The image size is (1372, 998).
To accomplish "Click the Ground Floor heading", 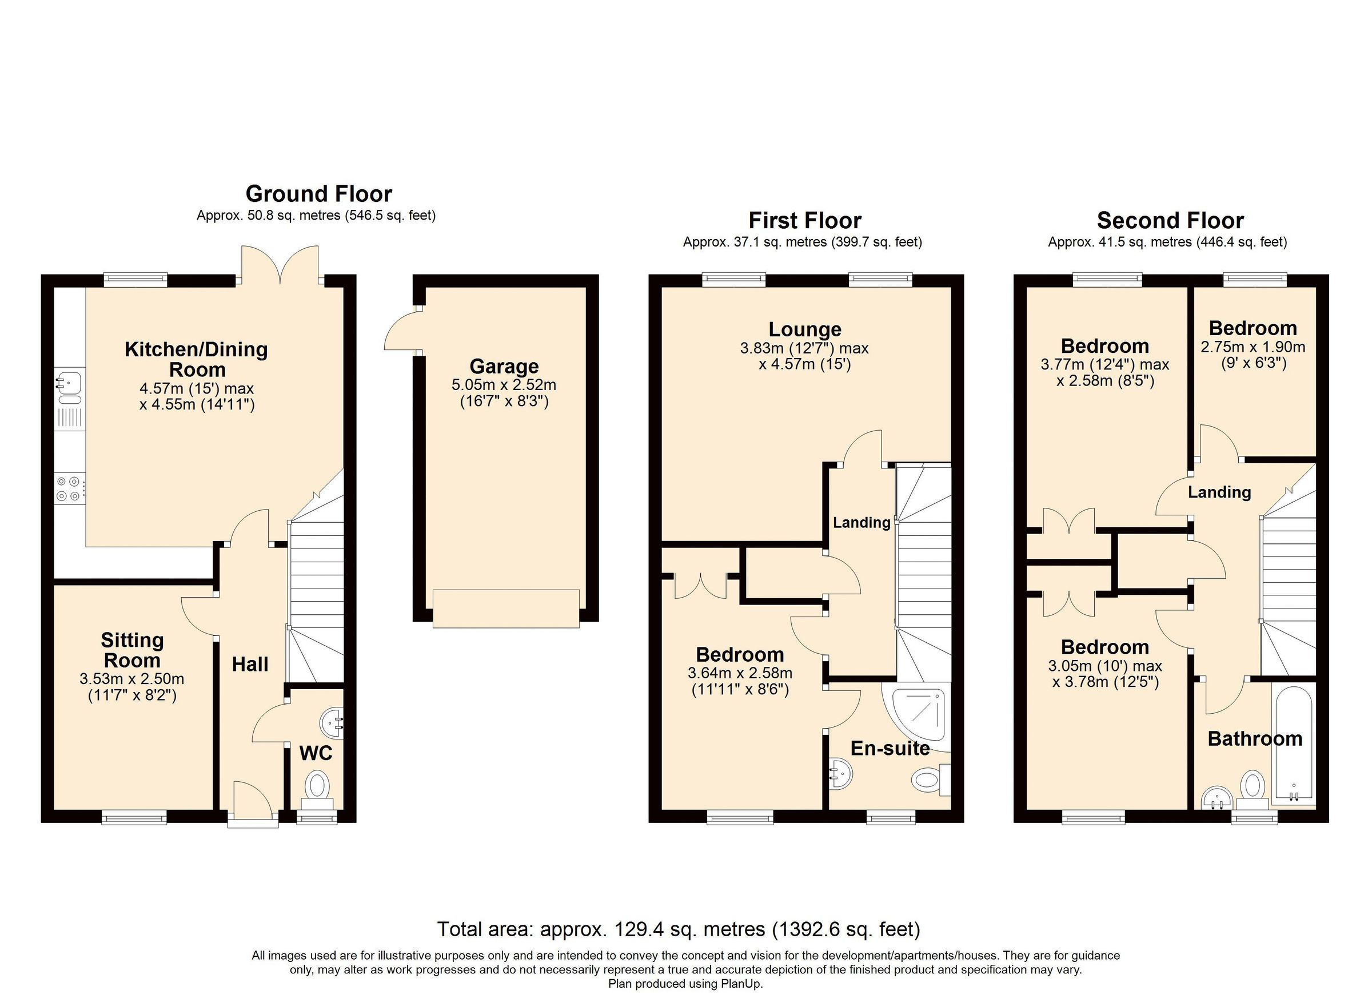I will point(319,194).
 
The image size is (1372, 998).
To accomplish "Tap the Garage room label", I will point(504,366).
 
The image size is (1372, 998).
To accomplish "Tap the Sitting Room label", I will point(132,650).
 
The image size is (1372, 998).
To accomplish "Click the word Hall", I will point(250,665).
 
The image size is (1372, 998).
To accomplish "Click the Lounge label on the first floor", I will point(804,329).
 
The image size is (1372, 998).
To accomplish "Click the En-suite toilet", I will point(928,780).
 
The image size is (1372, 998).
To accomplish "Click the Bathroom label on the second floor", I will point(1255,739).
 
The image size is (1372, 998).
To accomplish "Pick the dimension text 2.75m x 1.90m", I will point(1252,347).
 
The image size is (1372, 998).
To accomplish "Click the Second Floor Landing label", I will point(1219,492).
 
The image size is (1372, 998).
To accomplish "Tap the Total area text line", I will point(678,929).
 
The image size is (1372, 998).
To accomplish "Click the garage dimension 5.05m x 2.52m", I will point(504,385).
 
